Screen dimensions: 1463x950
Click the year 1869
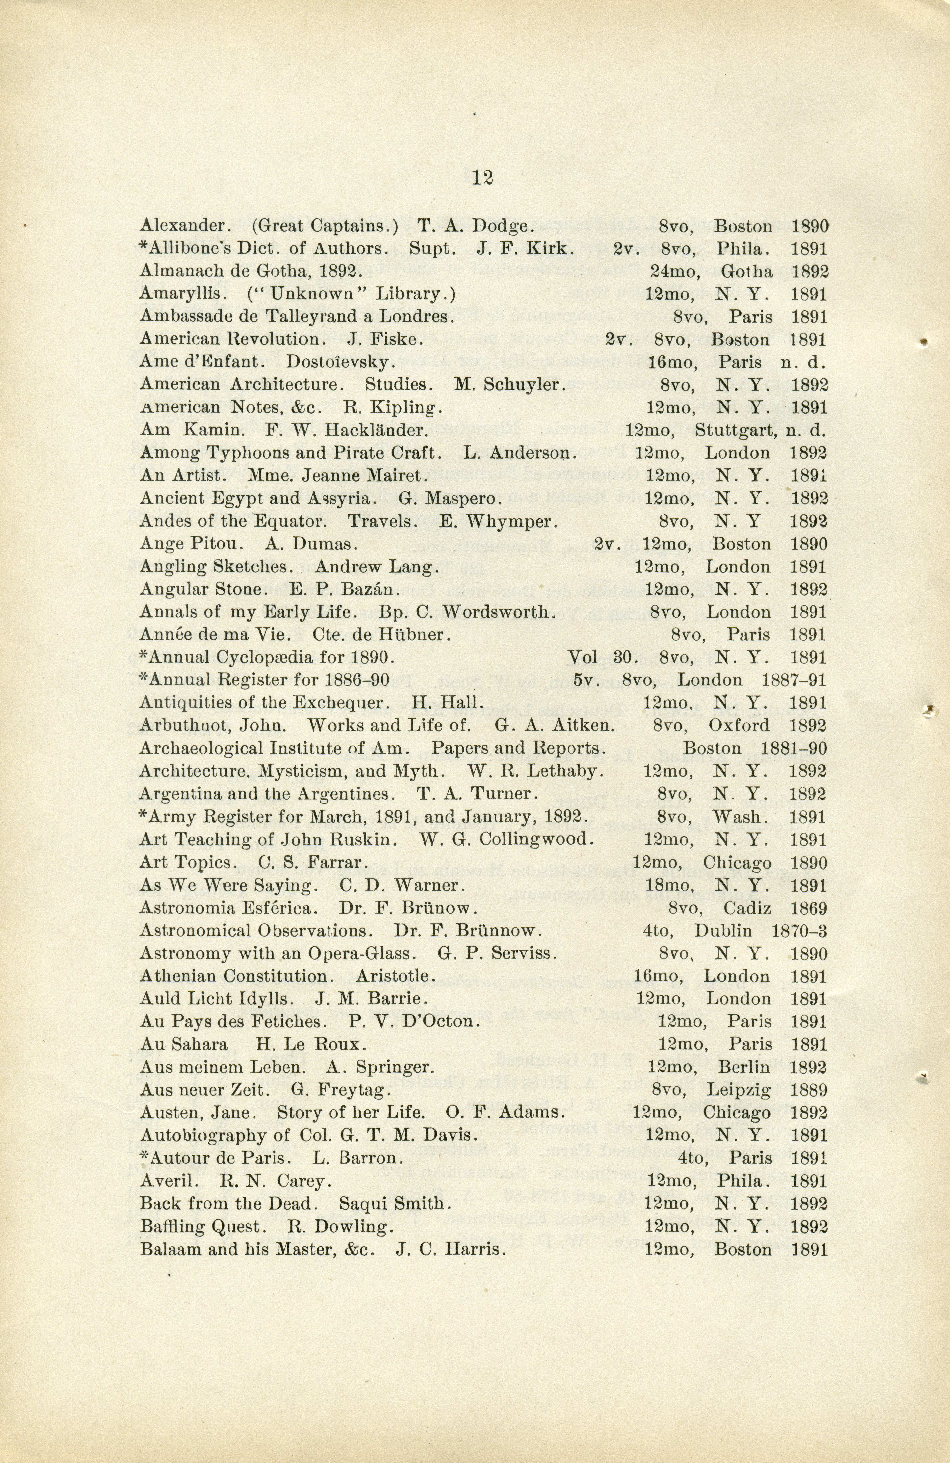click(809, 908)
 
